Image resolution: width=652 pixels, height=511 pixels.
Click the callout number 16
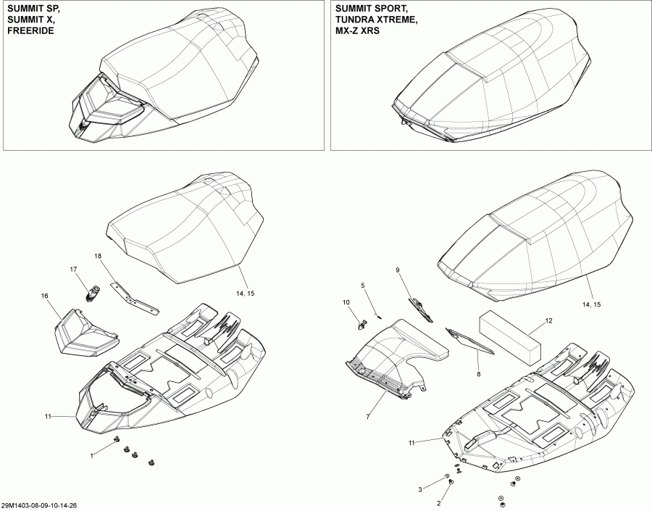(x=45, y=296)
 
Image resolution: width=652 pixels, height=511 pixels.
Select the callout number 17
(x=73, y=270)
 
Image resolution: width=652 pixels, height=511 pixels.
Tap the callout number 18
(x=98, y=257)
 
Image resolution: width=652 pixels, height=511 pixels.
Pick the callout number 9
(x=397, y=270)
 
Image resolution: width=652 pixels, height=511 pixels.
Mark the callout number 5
(x=363, y=286)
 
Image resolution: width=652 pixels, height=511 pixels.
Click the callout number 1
(x=91, y=455)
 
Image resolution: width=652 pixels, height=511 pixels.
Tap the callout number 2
(x=438, y=502)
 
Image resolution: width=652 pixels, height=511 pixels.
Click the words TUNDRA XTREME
(x=375, y=20)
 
